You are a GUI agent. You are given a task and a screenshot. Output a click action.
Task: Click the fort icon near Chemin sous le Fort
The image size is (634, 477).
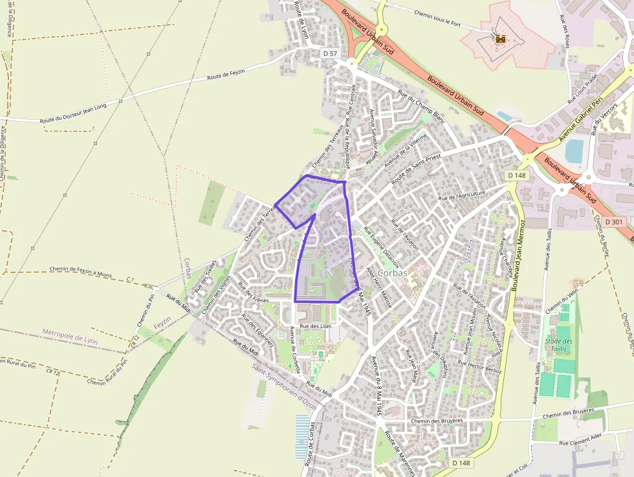coord(500,39)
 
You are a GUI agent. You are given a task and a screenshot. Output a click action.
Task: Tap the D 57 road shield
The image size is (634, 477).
coord(330,53)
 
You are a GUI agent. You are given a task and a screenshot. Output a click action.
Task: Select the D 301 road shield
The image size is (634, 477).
coord(615,222)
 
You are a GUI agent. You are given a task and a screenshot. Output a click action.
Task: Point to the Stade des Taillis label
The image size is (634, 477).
coord(558,345)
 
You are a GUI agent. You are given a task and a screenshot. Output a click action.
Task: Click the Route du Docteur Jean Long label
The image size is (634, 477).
coord(72,116)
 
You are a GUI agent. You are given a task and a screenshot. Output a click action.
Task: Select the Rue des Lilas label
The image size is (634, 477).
coord(315,326)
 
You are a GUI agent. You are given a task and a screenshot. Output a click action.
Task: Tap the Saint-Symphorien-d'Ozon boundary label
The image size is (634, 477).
coord(284,386)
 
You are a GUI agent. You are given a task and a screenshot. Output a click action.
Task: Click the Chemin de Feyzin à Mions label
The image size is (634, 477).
coord(80,272)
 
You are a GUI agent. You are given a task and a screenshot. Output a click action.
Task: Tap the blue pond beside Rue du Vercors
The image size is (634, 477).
coord(574,150)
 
